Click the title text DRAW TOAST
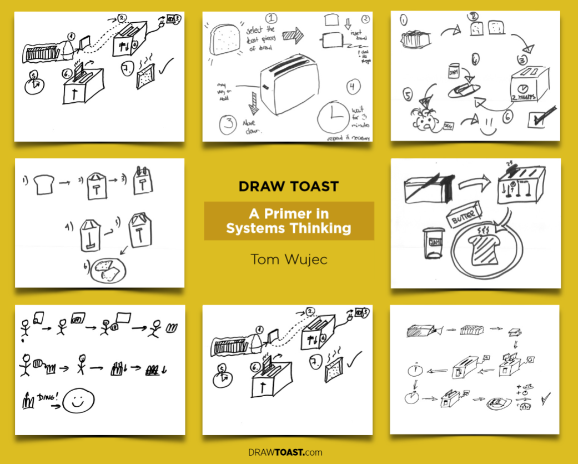[289, 186]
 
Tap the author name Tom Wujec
[289, 259]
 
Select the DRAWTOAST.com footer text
[285, 452]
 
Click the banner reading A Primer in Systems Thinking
[289, 221]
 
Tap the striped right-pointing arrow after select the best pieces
[294, 36]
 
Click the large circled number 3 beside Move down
[228, 123]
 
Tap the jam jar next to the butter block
[433, 243]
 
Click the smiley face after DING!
[78, 400]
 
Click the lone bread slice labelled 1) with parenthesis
[43, 182]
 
